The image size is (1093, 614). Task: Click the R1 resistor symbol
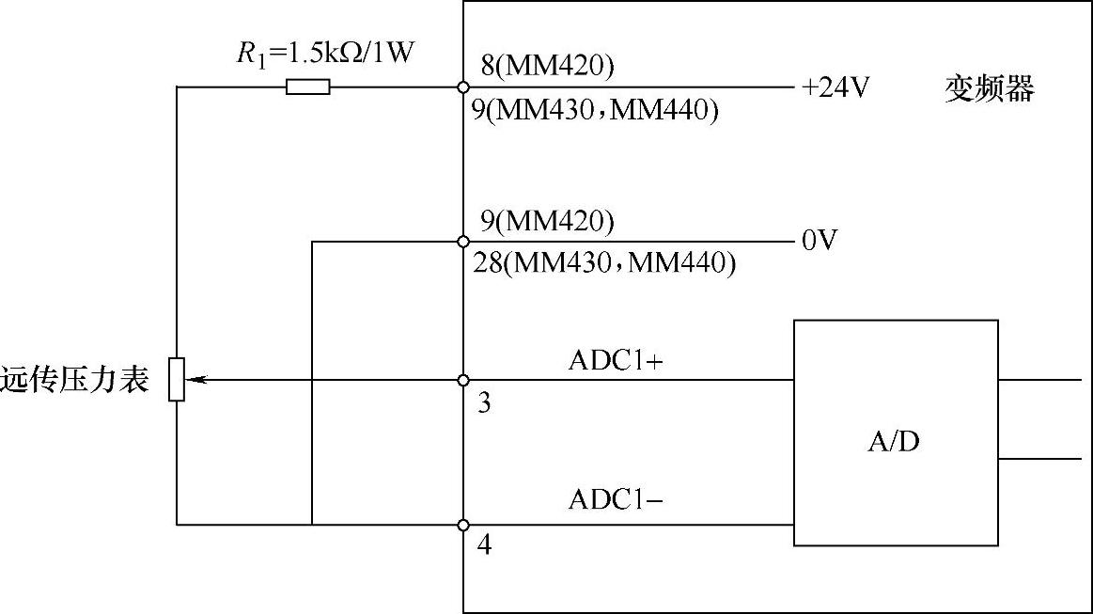click(308, 87)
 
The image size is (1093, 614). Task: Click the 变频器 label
click(989, 89)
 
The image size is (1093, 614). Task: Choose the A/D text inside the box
click(893, 441)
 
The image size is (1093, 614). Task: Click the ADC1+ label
click(617, 362)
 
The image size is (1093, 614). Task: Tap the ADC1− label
click(617, 500)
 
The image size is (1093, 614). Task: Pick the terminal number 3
click(484, 403)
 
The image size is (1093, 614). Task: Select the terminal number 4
click(484, 545)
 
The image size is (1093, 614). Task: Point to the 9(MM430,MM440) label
click(595, 111)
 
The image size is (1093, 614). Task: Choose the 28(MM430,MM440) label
click(605, 264)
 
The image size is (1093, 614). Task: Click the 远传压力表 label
click(75, 381)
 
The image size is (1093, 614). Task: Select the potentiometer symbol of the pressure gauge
click(177, 380)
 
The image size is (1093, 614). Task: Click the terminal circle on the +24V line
click(462, 87)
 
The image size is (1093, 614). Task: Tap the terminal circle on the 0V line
click(462, 242)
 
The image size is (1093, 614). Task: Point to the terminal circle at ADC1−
click(462, 525)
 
